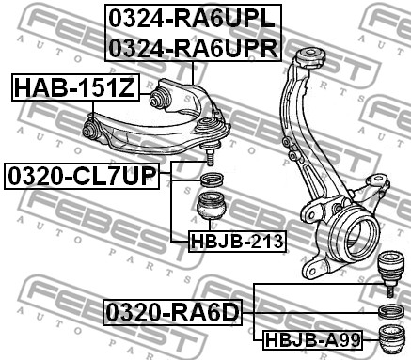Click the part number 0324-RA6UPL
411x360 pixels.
coord(192,19)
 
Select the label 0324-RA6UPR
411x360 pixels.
coord(193,48)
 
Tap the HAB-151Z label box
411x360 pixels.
coord(75,87)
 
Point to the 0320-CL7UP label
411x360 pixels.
coord(82,176)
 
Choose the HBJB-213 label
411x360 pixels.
coord(237,242)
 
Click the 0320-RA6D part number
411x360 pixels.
coord(173,312)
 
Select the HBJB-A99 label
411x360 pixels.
coord(312,340)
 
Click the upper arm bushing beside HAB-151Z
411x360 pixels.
coord(161,98)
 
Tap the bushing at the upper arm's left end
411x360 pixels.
coord(91,129)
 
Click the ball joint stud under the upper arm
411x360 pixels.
coord(210,154)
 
